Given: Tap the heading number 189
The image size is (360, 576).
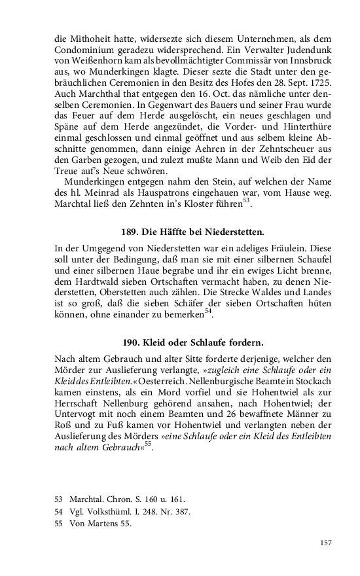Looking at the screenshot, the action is point(130,232).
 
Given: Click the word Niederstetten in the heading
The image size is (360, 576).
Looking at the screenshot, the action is point(232,232).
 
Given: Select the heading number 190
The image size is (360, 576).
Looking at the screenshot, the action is point(131,342).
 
